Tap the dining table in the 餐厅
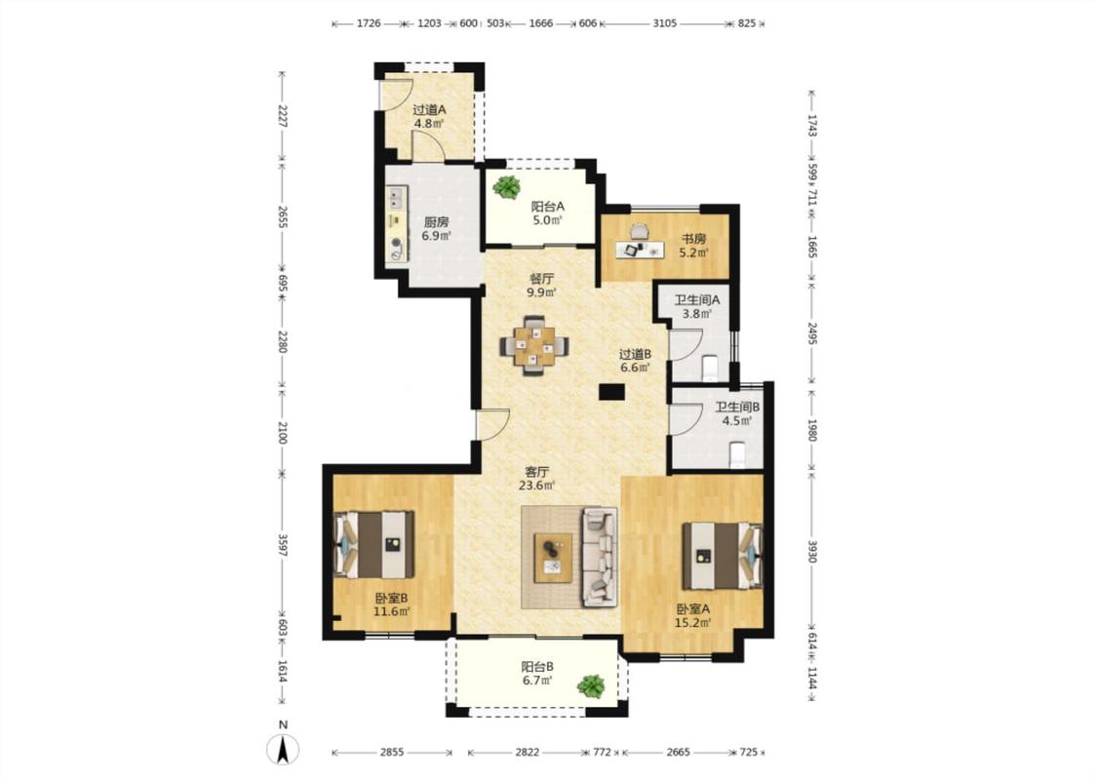click(x=534, y=345)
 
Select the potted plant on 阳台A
click(x=506, y=187)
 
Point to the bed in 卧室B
click(x=374, y=543)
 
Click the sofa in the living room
click(x=600, y=557)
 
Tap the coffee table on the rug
click(x=553, y=558)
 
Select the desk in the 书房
click(x=640, y=250)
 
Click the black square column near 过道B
click(x=611, y=393)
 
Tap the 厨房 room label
click(x=437, y=221)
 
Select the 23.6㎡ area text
click(x=536, y=486)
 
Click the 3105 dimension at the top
click(x=665, y=23)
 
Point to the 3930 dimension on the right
click(x=811, y=551)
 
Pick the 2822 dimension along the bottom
click(x=528, y=752)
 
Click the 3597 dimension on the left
click(x=282, y=546)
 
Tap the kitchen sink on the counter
click(x=397, y=198)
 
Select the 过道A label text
click(x=429, y=110)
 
